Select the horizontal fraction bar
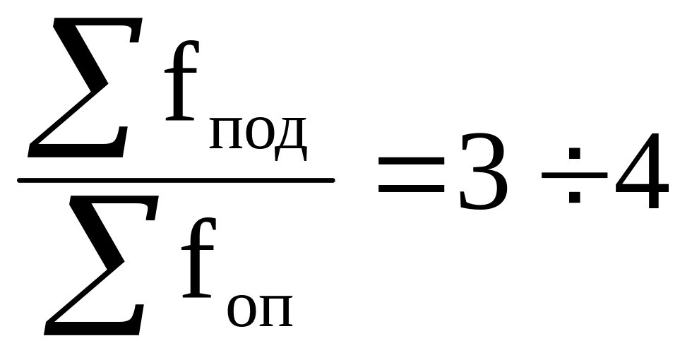(x=175, y=181)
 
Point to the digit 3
(x=482, y=172)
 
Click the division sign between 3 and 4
(x=574, y=174)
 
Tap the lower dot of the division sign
(x=574, y=197)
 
